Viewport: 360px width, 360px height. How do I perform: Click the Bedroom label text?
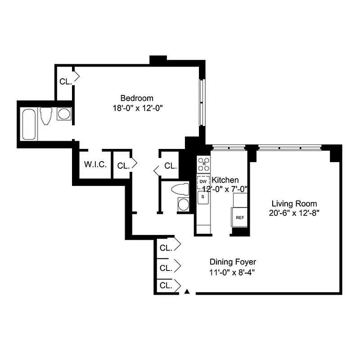coord(137,98)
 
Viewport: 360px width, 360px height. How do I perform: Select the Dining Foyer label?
coord(233,262)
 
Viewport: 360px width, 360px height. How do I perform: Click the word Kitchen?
coord(225,180)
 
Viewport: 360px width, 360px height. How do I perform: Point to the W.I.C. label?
coord(95,165)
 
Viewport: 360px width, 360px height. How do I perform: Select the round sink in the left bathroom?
coord(64,114)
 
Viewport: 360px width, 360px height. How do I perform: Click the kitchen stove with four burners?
coord(204,164)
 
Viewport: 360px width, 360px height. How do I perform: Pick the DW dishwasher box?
coord(203,182)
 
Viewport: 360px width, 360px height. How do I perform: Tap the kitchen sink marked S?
coord(203,197)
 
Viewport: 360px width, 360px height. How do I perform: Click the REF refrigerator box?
coord(240,218)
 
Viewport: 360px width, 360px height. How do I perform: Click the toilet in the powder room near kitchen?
coord(182,189)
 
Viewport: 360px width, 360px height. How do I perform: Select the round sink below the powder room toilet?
coord(184,204)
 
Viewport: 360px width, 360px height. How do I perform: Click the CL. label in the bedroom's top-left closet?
coord(65,82)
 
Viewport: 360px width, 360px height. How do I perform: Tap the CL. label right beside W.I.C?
coord(123,166)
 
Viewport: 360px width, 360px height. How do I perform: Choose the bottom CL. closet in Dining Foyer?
coord(166,285)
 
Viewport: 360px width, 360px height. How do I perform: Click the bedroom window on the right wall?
coord(202,102)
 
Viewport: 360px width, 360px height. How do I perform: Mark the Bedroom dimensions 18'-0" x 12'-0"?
coord(137,108)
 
